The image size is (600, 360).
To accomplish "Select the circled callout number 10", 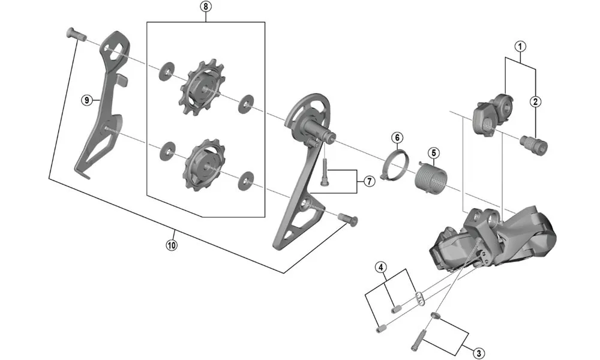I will tap(172, 245).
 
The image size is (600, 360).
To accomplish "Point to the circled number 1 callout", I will tap(520, 45).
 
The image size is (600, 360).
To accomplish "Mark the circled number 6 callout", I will tap(397, 137).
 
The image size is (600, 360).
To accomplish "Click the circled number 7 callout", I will tap(368, 181).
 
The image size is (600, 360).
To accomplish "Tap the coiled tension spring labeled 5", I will tap(430, 177).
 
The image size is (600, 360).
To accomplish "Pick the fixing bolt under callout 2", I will tap(535, 145).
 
